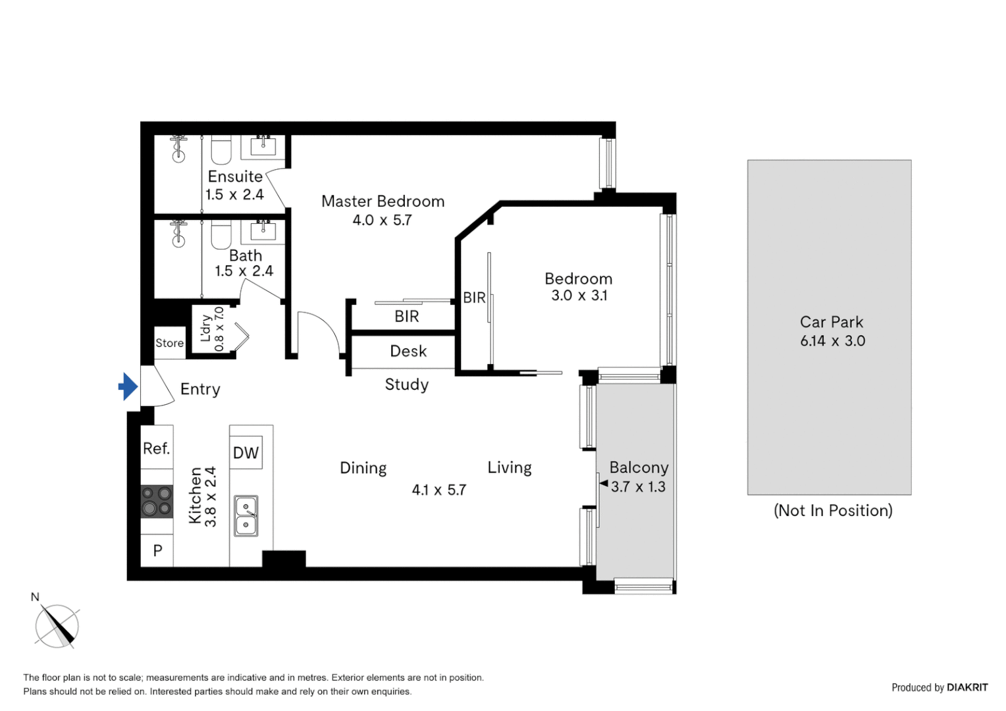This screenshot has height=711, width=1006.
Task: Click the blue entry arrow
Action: pos(128,386)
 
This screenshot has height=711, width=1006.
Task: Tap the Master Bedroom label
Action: pos(383,201)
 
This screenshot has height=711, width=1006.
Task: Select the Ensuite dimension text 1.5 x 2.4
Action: pos(234,195)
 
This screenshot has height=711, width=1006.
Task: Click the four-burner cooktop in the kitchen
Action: pos(157,501)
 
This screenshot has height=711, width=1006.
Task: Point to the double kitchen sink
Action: pos(246,516)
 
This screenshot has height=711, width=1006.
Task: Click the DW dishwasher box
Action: pos(246,453)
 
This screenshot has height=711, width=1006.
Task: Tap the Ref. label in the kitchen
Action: pos(157,449)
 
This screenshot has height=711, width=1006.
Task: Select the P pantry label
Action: pos(157,550)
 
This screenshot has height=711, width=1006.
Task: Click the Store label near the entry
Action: pos(169,343)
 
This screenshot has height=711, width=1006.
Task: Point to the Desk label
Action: pos(408,352)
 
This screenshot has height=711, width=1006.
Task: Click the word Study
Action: pos(407,384)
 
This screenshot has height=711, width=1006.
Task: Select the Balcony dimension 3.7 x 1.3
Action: pos(638,487)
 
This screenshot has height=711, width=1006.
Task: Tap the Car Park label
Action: pos(832,322)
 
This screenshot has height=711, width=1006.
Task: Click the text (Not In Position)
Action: pos(833,511)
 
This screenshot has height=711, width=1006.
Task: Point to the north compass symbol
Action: pos(57,625)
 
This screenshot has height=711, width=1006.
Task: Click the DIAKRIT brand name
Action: pos(967,687)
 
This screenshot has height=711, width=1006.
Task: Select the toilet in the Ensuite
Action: pos(221,150)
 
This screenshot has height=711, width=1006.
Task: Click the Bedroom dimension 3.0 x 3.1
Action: pos(579,296)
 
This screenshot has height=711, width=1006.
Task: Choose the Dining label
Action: pos(363,468)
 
